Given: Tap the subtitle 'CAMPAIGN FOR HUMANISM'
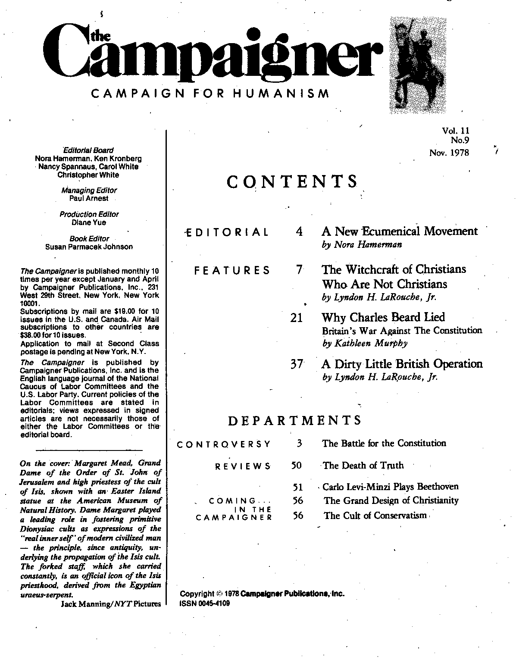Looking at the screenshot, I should (x=210, y=94).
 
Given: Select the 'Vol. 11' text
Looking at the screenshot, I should (x=455, y=131).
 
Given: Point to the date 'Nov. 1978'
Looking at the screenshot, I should (x=449, y=153).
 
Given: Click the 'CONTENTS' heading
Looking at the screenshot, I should (x=292, y=182).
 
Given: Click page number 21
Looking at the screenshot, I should (x=296, y=318).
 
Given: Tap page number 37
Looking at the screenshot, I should (x=297, y=364).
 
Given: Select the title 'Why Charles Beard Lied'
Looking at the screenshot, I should (x=383, y=318).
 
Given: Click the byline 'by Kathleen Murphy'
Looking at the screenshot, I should (x=365, y=344).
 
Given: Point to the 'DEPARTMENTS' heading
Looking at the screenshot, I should (x=294, y=420).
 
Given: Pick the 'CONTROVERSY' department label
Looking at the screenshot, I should (x=224, y=444).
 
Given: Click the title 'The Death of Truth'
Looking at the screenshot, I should (x=363, y=466).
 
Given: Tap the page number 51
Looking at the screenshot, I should (x=297, y=488).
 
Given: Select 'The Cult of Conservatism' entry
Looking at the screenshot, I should (x=375, y=516).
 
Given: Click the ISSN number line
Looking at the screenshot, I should (x=204, y=604).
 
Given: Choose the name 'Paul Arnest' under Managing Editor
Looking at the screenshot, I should (x=89, y=198).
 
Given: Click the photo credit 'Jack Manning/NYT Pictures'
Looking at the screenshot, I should (x=111, y=604).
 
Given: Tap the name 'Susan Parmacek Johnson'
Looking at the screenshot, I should (x=89, y=247).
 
